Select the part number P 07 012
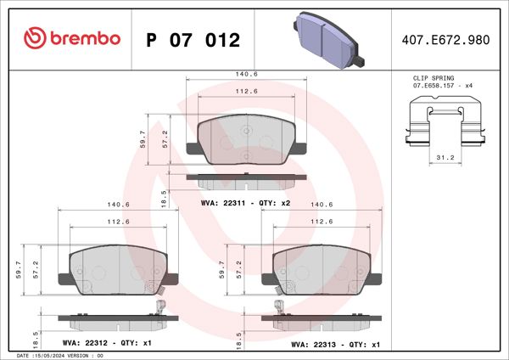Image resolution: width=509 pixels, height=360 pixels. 193,39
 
